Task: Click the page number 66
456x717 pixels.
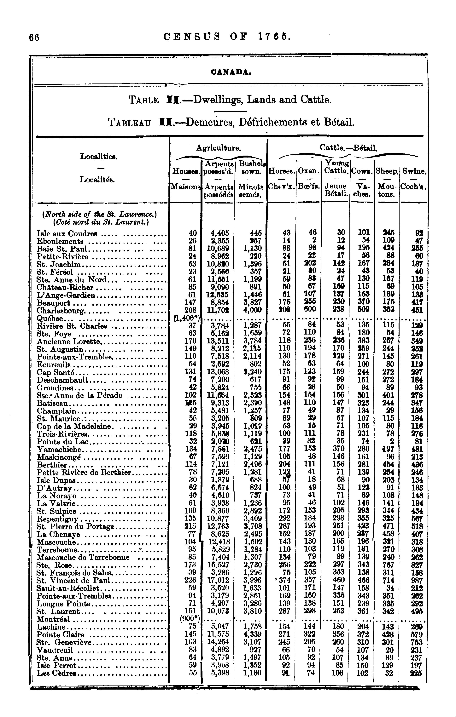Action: click(x=34, y=37)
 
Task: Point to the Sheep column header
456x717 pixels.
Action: click(x=387, y=171)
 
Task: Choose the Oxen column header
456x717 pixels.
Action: click(x=309, y=171)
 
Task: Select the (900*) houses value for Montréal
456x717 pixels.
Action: click(x=190, y=619)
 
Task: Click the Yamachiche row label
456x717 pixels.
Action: click(x=59, y=449)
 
